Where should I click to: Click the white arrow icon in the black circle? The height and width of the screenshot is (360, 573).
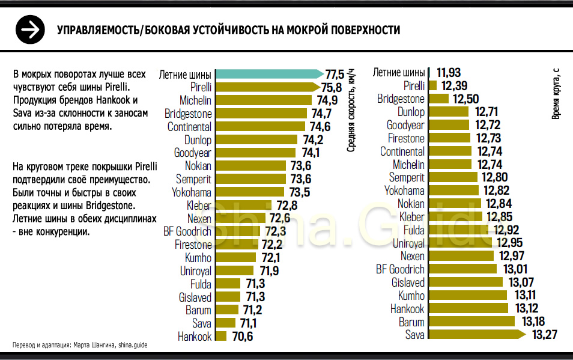(x=30, y=29)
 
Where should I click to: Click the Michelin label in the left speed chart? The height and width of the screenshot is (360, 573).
(x=195, y=100)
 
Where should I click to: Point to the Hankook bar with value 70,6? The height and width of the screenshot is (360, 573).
(x=221, y=337)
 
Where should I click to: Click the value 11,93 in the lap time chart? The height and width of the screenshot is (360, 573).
(x=449, y=73)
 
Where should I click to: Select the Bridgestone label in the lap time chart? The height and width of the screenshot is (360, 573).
(x=401, y=99)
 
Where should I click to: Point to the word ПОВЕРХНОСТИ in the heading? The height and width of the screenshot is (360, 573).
(x=360, y=30)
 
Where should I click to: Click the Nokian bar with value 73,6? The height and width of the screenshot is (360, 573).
(x=250, y=166)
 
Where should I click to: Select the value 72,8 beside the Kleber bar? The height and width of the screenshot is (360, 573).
(x=286, y=205)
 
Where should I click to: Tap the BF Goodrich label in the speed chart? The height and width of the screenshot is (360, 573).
(x=187, y=231)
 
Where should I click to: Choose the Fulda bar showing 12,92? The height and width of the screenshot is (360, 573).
(x=459, y=230)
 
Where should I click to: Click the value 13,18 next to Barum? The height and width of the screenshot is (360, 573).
(x=534, y=322)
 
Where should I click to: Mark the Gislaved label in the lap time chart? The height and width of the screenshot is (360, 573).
(x=408, y=282)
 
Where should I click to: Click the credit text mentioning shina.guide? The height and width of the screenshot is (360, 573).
(x=80, y=345)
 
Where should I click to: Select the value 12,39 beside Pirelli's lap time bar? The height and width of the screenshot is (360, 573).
(x=454, y=86)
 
